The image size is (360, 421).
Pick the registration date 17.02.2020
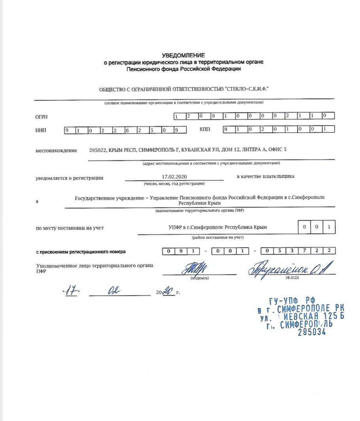point(174,177)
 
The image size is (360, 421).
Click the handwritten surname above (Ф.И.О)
point(290,269)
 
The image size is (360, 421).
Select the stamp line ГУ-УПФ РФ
point(292,301)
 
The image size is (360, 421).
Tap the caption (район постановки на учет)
point(217,238)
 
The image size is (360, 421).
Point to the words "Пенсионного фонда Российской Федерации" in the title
point(183,69)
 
